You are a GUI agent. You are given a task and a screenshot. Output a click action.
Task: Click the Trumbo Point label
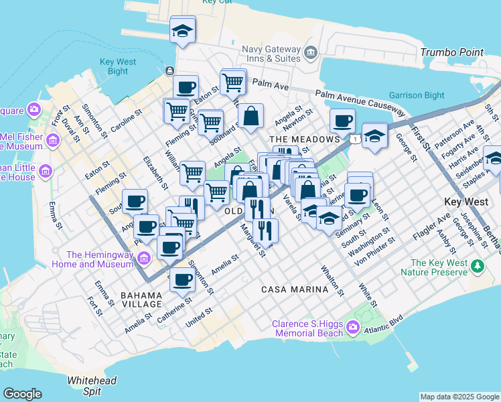pos(451,52)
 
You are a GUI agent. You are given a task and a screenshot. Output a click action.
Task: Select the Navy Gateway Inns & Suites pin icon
pos(310,52)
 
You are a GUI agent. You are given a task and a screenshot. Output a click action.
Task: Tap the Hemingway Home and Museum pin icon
pos(143,259)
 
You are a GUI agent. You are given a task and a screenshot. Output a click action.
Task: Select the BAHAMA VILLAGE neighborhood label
pos(141,299)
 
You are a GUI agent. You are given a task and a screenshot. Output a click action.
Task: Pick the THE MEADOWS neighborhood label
pos(305,139)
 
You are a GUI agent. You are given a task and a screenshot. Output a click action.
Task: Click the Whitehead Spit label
pos(92,385)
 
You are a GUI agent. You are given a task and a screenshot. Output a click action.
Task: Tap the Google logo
pos(22,394)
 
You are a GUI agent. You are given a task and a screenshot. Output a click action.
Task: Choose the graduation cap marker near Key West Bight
pos(182,30)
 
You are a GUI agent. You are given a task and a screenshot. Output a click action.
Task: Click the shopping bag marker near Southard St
pos(250,116)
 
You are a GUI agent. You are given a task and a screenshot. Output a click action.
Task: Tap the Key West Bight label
pos(118,66)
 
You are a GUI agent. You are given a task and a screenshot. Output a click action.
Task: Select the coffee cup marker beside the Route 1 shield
pos(342,121)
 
